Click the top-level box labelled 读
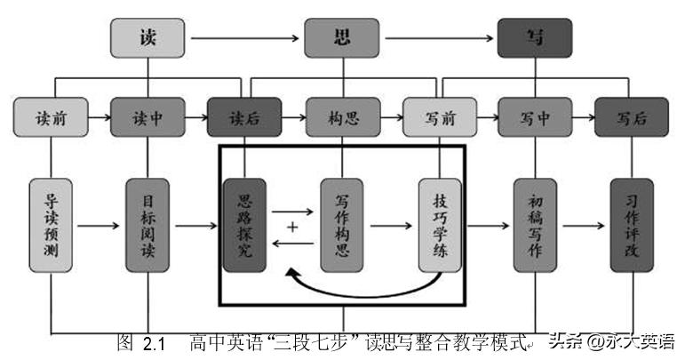coord(147,38)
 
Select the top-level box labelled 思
coord(341,38)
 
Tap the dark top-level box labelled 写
coord(534,38)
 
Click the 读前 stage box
coord(51,118)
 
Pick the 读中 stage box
coord(147,118)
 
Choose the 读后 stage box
coord(244,118)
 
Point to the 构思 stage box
coord(341,118)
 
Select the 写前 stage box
coord(440,118)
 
